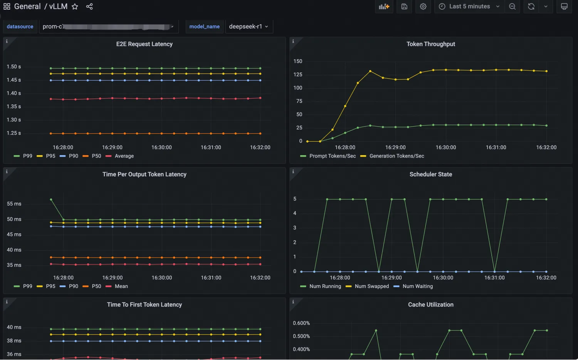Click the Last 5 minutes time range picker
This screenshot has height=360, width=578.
[469, 7]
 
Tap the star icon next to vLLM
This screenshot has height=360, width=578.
[75, 7]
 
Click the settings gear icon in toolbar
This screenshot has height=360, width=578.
[423, 7]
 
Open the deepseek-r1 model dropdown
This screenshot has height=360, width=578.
[249, 27]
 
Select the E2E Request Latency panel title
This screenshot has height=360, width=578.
[144, 44]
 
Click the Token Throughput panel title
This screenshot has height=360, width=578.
[431, 44]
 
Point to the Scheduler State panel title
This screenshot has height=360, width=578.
[431, 174]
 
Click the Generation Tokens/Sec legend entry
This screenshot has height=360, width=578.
[397, 156]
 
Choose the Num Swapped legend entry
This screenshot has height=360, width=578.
[371, 286]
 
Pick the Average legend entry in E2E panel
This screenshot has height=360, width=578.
[124, 156]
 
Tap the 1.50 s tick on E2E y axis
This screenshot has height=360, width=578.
[14, 67]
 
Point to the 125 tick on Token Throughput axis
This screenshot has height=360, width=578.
[298, 74]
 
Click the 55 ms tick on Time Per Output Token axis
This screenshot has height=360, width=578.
[14, 204]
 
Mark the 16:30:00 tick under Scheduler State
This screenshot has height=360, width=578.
[443, 278]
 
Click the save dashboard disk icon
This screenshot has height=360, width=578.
[404, 7]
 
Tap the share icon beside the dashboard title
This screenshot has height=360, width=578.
[89, 7]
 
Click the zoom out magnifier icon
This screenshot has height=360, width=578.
[512, 7]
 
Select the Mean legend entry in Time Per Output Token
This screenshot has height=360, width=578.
[121, 286]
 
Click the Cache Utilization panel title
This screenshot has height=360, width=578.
[431, 305]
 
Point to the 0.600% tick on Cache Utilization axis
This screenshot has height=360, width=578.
[301, 323]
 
